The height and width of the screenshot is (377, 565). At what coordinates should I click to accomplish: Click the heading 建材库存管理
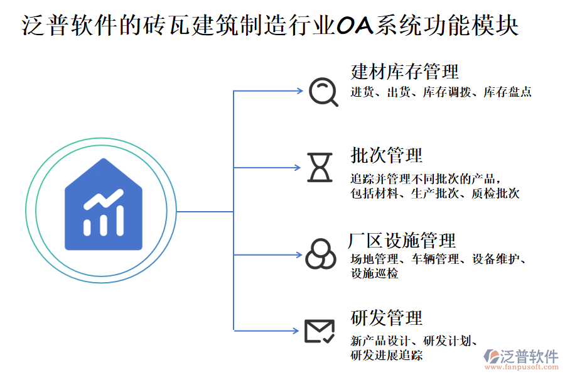(404, 72)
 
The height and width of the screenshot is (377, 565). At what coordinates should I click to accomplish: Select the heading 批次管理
(386, 155)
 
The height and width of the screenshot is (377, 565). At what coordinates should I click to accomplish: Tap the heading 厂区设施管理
(402, 240)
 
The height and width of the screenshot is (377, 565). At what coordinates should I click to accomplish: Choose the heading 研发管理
(386, 318)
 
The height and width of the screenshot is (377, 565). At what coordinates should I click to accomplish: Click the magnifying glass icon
(324, 92)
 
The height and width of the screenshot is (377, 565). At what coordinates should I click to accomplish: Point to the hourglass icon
(319, 167)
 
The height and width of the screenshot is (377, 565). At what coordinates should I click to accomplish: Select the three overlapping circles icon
(320, 254)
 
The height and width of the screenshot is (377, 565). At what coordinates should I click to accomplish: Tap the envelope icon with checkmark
(319, 331)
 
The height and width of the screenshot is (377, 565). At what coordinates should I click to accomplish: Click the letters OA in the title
(354, 26)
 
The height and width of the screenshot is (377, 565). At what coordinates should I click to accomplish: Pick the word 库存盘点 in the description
(508, 93)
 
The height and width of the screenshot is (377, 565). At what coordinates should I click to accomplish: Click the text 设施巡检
(374, 274)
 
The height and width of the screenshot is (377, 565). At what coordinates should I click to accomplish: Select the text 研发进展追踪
(386, 356)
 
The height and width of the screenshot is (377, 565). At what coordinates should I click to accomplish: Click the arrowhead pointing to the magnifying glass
(299, 91)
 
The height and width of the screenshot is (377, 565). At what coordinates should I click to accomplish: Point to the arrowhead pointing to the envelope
(299, 330)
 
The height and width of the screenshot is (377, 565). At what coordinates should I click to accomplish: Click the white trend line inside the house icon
(104, 199)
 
